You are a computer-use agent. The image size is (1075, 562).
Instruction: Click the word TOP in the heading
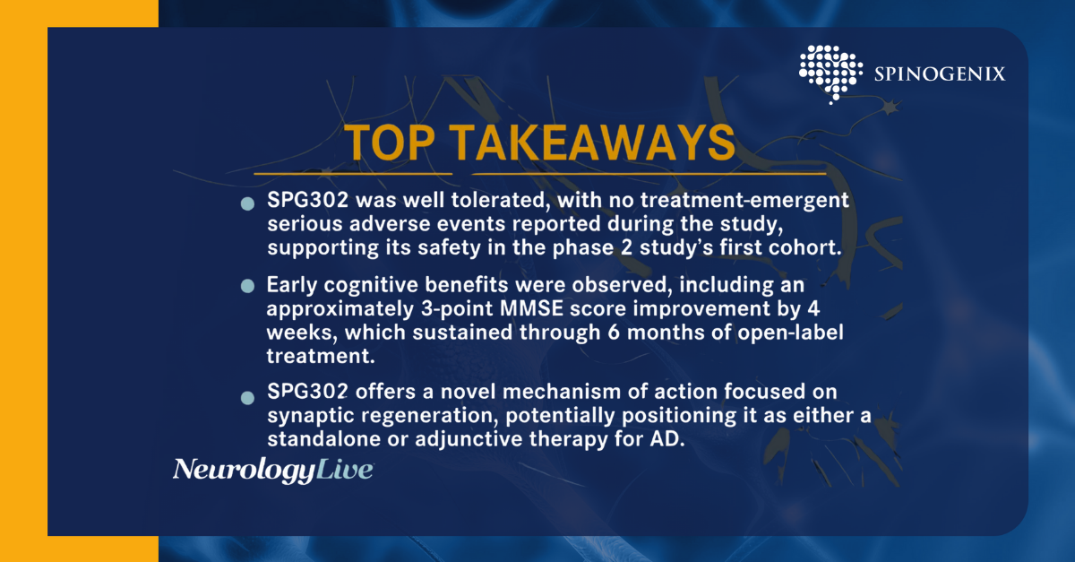coord(389,143)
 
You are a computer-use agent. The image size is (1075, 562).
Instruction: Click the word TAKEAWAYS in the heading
coord(592,143)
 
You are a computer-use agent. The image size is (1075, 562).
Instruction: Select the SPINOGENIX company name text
coord(940,74)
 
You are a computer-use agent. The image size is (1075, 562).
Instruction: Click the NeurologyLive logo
coord(273,471)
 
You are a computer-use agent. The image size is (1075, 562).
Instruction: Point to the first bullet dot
coord(247,203)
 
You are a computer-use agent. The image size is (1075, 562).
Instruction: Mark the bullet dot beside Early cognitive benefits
coord(247,286)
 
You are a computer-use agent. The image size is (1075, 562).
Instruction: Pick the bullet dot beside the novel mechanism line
coord(247,398)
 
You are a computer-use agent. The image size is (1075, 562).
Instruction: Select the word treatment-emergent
coord(744,201)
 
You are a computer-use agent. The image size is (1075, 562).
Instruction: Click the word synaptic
coord(311,416)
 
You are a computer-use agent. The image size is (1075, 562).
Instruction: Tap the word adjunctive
coord(469,439)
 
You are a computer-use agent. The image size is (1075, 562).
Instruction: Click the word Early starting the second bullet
coord(292,286)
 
